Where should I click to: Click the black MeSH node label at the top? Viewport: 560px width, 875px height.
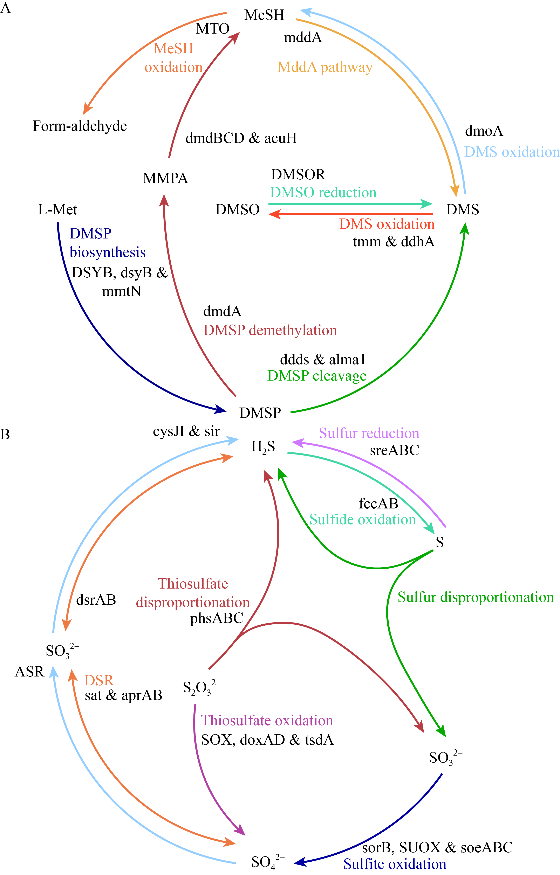pos(264,15)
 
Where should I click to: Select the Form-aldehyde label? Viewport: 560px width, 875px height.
pos(80,126)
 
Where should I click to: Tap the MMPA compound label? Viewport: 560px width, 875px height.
pos(165,178)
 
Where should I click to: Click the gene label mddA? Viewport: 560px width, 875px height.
pos(303,37)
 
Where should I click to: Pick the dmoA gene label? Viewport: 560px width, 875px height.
pos(484,131)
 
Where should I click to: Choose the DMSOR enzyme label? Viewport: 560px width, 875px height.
pos(298,174)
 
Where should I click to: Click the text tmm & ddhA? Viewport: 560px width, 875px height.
pos(394,241)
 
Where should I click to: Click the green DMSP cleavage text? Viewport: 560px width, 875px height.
pos(317,376)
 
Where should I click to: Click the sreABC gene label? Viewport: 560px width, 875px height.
pos(395,450)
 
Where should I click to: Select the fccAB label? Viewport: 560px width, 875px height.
pos(378,503)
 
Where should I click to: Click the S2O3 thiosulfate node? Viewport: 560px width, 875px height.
pos(202,687)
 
